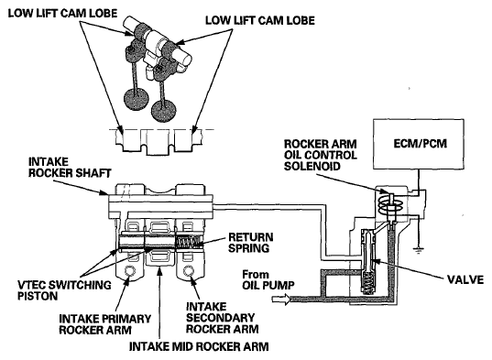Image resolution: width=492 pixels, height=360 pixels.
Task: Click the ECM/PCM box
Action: pos(419,144)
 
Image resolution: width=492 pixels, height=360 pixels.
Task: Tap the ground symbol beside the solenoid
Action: pos(418,250)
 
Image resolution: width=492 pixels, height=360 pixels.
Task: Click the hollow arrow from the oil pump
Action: pos(281,299)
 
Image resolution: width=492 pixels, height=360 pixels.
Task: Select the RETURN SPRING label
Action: pos(250,242)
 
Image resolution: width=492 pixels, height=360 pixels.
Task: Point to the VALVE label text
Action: pos(465,279)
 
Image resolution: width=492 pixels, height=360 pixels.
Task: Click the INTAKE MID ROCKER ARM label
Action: pos(199,346)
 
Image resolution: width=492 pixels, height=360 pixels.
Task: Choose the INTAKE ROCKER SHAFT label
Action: pos(70,168)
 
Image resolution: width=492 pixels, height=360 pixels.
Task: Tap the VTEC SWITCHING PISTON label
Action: pos(64,290)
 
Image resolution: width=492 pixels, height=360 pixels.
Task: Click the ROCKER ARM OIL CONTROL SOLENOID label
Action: pos(321,155)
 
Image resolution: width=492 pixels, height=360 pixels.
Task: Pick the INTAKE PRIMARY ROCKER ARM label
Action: pos(104,324)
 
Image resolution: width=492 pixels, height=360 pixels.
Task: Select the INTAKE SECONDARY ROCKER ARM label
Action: pos(222,318)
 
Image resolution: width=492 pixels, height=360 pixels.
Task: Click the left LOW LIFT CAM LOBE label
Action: pos(62,13)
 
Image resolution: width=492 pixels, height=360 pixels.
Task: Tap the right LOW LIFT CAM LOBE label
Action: pos(260,21)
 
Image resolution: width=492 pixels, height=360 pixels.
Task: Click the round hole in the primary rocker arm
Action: pos(129,270)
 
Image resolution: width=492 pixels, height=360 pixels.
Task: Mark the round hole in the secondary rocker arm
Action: pos(189,270)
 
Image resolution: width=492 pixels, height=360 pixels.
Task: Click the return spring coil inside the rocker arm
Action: pos(188,243)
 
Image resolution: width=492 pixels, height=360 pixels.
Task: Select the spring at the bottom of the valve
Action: pos(368,282)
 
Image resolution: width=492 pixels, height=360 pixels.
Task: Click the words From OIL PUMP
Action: pos(268,279)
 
